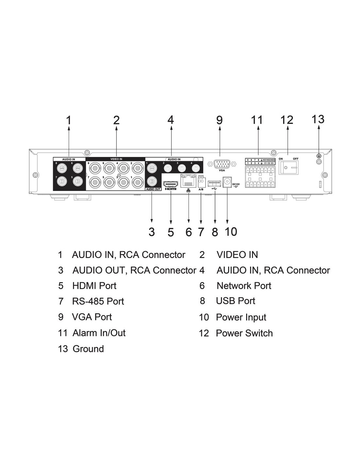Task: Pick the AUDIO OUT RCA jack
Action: point(152,181)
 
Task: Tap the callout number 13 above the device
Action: point(318,119)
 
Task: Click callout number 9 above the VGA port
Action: point(219,120)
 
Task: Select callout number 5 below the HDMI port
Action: point(171,232)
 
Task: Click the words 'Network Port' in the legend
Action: point(244,286)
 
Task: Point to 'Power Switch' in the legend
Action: point(244,333)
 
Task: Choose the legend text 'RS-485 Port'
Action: point(98,301)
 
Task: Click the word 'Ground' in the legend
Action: point(88,349)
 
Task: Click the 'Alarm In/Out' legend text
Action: point(99,333)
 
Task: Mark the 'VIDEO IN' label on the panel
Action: point(116,159)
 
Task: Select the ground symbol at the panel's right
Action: point(319,156)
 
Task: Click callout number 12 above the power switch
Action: point(287,120)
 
